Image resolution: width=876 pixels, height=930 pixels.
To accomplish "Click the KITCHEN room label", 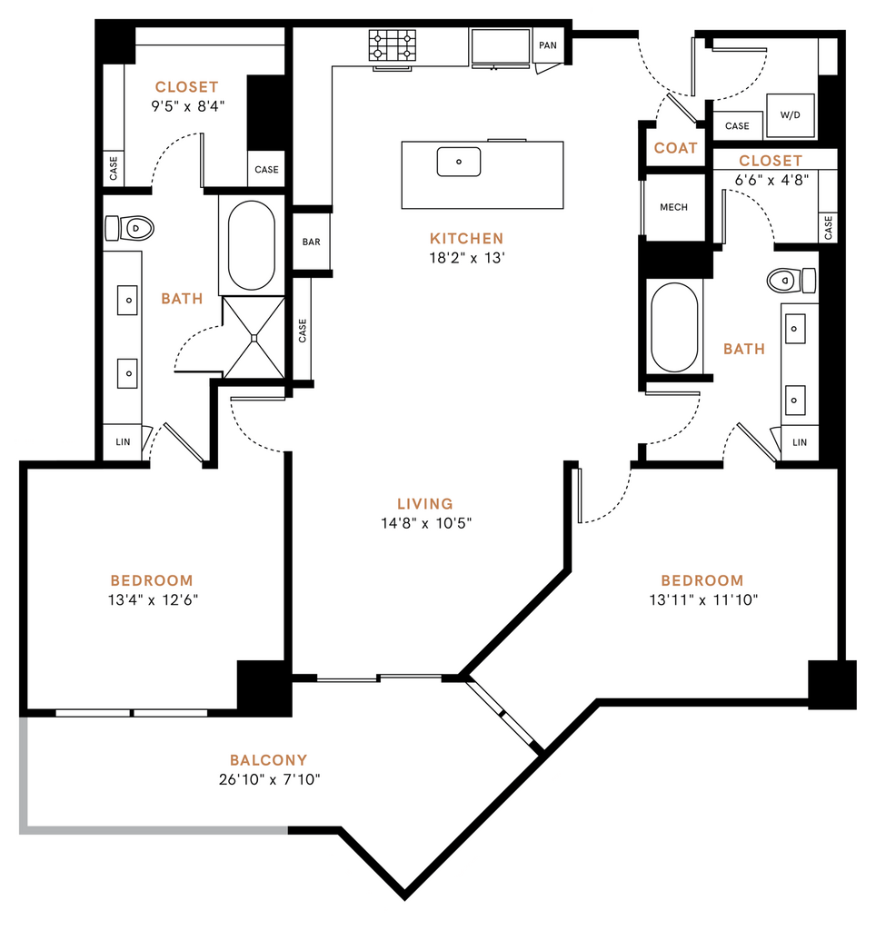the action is [x=466, y=238].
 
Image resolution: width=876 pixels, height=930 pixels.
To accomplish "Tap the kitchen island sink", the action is [x=459, y=162].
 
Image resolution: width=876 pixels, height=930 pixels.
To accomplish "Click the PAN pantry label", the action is [x=547, y=45].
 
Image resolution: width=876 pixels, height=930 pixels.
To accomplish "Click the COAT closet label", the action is [x=676, y=148].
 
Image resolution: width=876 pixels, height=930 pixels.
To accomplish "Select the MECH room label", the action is [x=673, y=207].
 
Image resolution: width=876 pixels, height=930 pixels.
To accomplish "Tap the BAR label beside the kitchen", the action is [x=312, y=242].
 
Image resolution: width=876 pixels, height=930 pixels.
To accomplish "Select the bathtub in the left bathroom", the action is [x=251, y=245].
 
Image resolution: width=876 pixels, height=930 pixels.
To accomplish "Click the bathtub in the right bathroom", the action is [x=673, y=326].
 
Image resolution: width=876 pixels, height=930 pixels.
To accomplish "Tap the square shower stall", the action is [x=254, y=336].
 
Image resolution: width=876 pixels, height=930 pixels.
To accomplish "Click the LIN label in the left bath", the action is [x=123, y=442].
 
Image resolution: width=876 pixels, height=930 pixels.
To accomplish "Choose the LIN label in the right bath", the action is [x=800, y=442].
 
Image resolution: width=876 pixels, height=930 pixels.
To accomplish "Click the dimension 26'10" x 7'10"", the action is [x=268, y=779].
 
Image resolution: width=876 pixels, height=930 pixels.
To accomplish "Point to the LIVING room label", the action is [x=424, y=503].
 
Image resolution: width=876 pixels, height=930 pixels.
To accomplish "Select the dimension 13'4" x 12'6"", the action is [x=152, y=599].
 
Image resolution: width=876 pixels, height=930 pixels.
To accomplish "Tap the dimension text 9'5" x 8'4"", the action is [x=187, y=105].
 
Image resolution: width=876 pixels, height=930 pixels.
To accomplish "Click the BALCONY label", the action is [x=268, y=760].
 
